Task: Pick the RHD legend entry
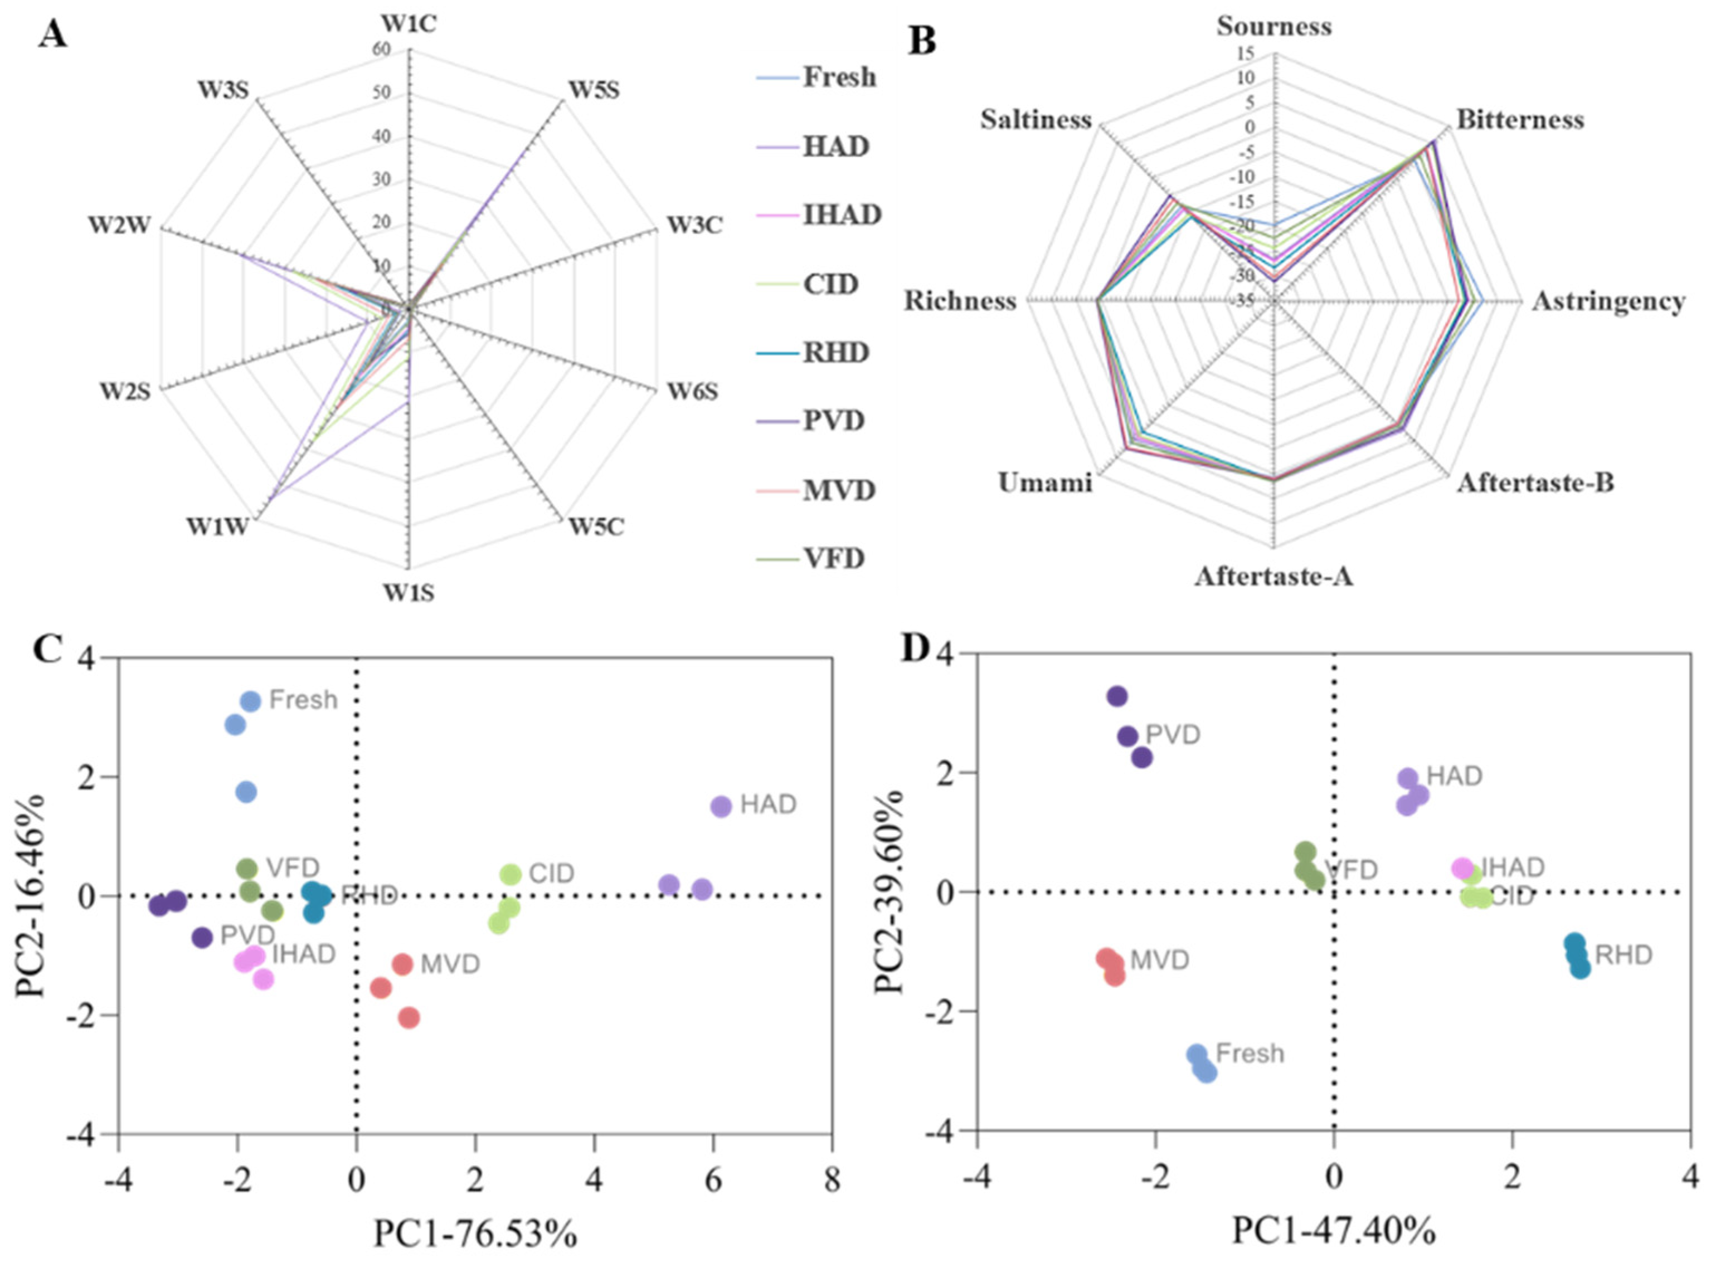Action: (x=835, y=353)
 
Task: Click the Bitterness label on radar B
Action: (x=1519, y=120)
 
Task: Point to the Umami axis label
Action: (x=1045, y=483)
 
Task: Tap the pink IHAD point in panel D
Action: (x=1462, y=869)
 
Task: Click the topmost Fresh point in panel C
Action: (x=251, y=701)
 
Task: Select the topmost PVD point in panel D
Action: (x=1117, y=696)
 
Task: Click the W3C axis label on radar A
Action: (x=694, y=226)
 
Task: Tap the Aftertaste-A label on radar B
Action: (x=1273, y=576)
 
